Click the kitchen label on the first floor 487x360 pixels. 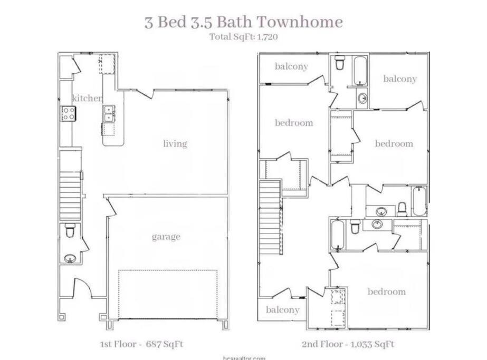[87, 98]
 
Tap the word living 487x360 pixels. [175, 144]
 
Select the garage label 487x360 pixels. [166, 237]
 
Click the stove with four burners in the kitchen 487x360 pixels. [69, 113]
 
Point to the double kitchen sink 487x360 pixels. [109, 113]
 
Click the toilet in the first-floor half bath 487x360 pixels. [70, 230]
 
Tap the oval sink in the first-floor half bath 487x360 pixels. [70, 258]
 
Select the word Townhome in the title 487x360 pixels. [300, 22]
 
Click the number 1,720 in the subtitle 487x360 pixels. [268, 37]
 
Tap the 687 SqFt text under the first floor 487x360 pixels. [164, 344]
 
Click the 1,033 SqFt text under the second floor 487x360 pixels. [372, 344]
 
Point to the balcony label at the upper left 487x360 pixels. [291, 66]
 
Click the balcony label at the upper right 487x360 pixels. [400, 79]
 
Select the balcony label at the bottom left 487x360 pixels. [283, 310]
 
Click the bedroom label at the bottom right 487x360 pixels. [387, 291]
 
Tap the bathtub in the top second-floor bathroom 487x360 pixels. [360, 71]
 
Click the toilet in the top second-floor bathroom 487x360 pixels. [340, 63]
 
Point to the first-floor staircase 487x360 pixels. [70, 196]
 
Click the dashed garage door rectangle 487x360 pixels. [168, 294]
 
